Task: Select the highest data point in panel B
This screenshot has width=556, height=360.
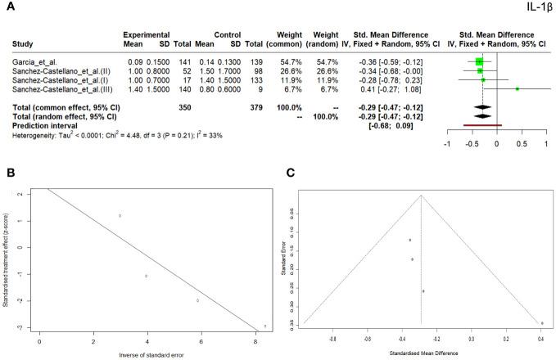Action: tap(120, 216)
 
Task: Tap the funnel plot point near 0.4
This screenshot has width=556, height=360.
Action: tap(542, 323)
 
